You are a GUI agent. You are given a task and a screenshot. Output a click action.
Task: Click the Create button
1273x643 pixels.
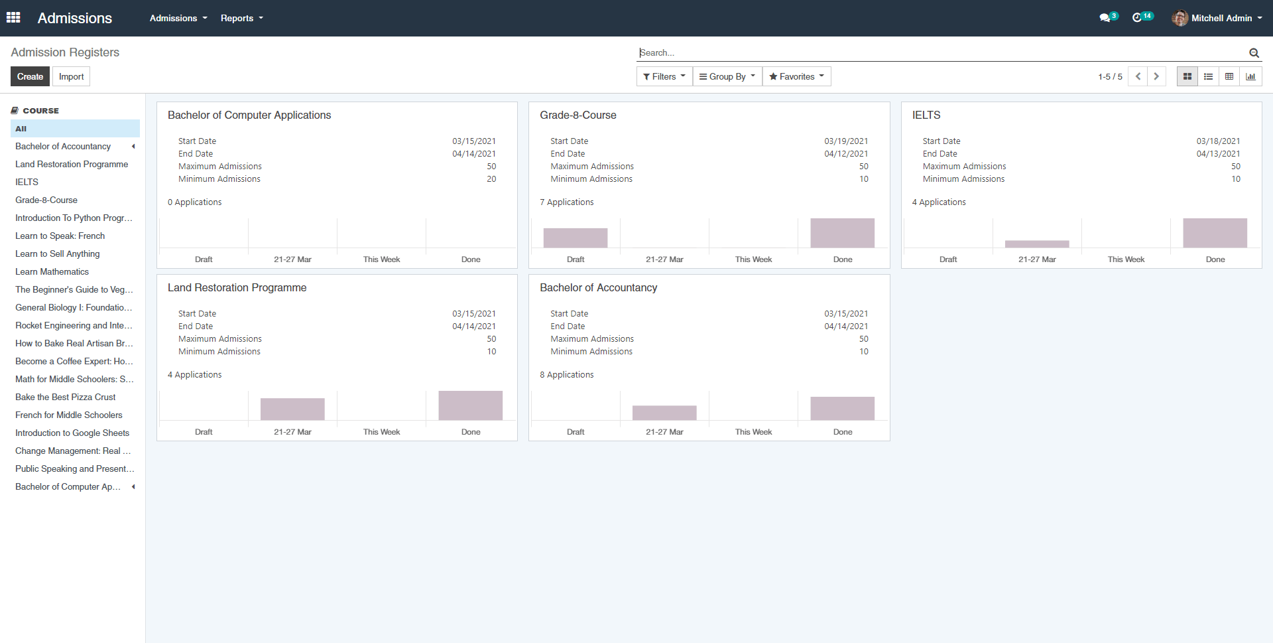pos(30,76)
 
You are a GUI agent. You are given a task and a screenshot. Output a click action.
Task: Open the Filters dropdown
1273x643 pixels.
pos(664,76)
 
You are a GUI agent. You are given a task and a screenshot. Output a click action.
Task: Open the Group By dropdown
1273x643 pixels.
pos(727,76)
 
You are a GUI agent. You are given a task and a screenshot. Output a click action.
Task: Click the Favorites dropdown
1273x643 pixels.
pos(796,76)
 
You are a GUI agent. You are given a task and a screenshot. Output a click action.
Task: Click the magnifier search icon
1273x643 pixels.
pos(1254,53)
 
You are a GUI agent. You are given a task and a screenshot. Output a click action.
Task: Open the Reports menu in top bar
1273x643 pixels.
pos(241,18)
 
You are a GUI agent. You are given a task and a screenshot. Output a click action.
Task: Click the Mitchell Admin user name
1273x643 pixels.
pos(1221,18)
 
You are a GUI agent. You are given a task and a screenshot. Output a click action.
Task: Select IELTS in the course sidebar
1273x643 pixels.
pos(27,182)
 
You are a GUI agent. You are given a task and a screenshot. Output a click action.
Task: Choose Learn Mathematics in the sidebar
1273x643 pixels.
pos(52,271)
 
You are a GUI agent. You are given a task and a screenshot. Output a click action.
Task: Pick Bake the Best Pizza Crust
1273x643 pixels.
pos(66,397)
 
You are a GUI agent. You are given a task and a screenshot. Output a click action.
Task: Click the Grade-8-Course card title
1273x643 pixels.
pos(578,115)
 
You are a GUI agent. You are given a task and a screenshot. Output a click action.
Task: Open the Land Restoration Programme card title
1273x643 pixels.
pos(237,287)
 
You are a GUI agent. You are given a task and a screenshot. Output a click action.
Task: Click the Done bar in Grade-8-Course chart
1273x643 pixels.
pos(842,233)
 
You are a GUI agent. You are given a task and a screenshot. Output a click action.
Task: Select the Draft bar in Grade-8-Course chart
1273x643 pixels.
pos(576,238)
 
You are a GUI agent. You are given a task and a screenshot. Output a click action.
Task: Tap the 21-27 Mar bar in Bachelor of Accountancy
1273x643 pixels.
pos(664,413)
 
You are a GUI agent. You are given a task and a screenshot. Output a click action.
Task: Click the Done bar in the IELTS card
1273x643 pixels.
pos(1215,233)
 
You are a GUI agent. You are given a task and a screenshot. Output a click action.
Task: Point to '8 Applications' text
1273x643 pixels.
pos(567,374)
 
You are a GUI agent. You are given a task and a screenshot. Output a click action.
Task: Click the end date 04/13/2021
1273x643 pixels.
pos(1218,153)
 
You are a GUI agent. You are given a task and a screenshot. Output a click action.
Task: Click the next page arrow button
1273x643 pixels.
pos(1156,76)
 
